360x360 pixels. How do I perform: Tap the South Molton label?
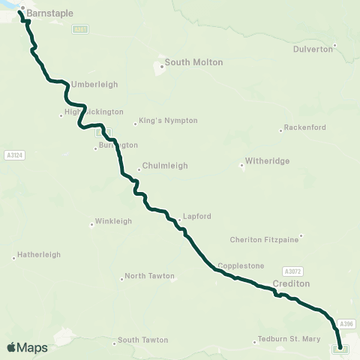(x=193, y=62)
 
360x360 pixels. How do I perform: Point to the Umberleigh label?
(x=94, y=85)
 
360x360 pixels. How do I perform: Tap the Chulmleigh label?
(x=165, y=166)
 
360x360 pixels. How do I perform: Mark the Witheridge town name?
(x=268, y=161)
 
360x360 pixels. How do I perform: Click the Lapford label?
(x=196, y=217)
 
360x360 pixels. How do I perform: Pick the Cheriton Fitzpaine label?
(x=264, y=240)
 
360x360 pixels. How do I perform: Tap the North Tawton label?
(x=149, y=276)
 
